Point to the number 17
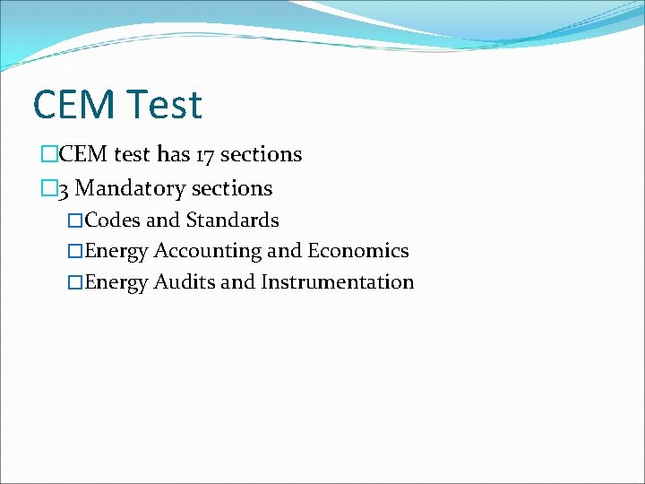pos(205,154)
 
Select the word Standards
pos(232,220)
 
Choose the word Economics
pos(358,251)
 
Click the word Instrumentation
pos(338,282)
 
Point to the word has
pos(174,154)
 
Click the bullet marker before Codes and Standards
pos(76,220)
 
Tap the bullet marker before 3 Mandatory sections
pos(48,189)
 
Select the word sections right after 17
pos(261,154)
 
